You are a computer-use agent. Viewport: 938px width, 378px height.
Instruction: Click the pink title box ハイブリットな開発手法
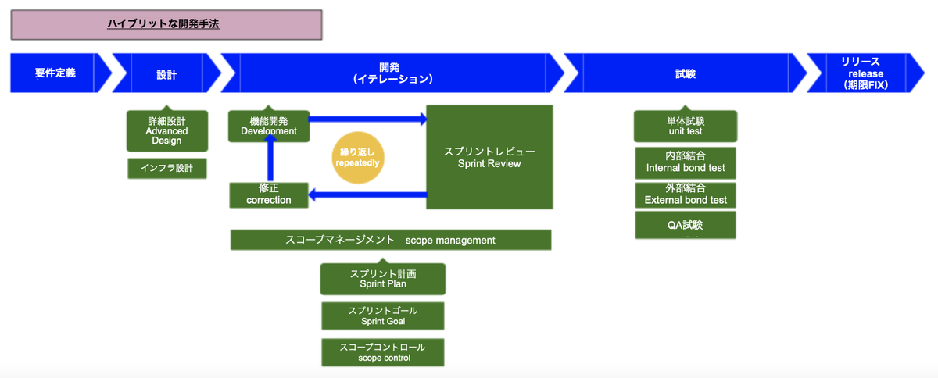coord(166,25)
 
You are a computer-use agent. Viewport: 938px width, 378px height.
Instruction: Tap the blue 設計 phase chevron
coord(166,73)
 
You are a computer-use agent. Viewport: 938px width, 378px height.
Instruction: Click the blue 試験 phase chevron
coord(685,73)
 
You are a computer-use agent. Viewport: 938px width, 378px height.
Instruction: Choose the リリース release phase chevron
coord(865,73)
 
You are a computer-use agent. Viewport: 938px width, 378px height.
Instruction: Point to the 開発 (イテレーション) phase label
coord(392,73)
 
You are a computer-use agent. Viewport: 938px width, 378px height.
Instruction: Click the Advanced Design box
coord(167,130)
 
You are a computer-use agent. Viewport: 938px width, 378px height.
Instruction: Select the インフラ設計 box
coord(167,168)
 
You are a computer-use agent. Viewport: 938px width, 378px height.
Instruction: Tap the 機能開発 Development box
coord(269,126)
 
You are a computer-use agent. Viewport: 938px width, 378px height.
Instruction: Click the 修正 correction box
coord(269,194)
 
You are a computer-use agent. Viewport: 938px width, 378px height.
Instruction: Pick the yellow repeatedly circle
coord(358,158)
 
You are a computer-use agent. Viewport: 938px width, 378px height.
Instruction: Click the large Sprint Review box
coord(489,157)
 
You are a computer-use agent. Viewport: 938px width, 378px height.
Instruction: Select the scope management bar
coord(391,240)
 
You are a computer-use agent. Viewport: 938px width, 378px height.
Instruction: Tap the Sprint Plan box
coord(383,278)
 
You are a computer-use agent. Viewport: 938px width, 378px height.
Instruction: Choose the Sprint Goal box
coord(383,316)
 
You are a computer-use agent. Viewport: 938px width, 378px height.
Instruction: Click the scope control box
coord(383,352)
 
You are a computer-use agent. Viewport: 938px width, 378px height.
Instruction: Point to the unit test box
coord(686,126)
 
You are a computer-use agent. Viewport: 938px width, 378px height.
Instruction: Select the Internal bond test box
coord(686,163)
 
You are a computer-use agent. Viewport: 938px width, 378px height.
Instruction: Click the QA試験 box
coord(686,225)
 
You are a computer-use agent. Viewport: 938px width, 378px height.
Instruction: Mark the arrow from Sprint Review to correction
coord(367,194)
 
